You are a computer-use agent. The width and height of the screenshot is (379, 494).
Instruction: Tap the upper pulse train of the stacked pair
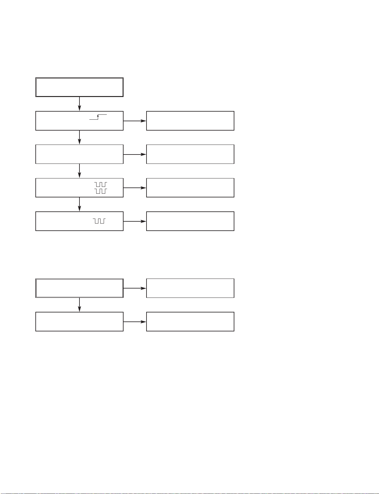[101, 185]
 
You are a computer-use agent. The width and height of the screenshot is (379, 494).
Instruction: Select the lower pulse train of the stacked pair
[101, 191]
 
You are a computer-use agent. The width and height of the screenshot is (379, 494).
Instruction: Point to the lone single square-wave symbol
[99, 221]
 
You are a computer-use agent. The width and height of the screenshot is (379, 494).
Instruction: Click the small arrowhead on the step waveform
[98, 116]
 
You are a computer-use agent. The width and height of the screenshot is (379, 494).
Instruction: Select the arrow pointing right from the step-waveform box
[135, 121]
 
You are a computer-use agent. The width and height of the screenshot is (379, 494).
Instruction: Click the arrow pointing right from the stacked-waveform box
[135, 188]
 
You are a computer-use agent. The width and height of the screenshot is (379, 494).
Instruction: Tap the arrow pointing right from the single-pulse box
[135, 221]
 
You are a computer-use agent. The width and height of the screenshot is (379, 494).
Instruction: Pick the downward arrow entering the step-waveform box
[80, 104]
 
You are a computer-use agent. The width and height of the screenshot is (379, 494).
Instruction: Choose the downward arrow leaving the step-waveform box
[80, 137]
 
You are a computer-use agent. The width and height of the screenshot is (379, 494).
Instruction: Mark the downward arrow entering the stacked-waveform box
[80, 171]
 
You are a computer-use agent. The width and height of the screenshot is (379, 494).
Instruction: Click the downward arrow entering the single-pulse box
[80, 205]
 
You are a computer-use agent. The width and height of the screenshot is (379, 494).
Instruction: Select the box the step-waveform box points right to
[190, 121]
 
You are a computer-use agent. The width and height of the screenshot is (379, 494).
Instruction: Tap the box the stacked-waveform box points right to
[190, 188]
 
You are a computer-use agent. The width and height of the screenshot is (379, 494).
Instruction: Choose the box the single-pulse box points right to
[190, 221]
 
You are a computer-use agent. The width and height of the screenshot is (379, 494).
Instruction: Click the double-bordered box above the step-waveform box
[79, 87]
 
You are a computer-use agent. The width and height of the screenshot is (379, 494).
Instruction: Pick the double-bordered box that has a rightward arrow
[79, 288]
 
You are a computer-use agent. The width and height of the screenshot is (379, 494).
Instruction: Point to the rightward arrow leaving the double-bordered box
[135, 288]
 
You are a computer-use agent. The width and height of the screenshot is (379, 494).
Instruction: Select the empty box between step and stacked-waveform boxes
[79, 154]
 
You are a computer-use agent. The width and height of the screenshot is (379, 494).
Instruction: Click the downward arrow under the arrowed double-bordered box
[80, 305]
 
